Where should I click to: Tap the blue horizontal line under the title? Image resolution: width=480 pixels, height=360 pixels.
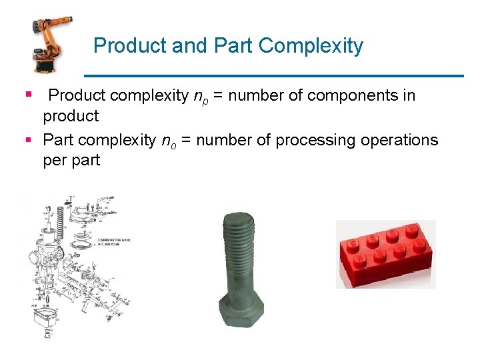[x=273, y=75]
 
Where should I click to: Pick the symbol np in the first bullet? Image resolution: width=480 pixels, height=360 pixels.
[x=200, y=97]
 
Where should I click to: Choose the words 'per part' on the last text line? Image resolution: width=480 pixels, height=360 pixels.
[x=71, y=161]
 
